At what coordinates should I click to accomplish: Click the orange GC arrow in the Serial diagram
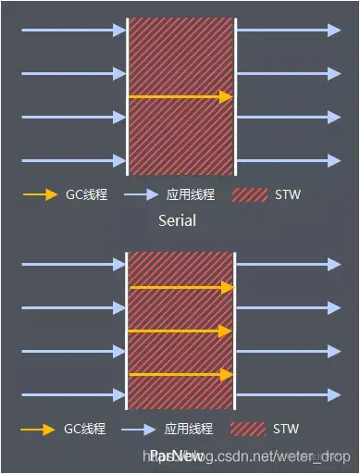coord(180,95)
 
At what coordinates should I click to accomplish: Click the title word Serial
coord(177,221)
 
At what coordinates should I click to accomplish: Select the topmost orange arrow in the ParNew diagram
coord(180,287)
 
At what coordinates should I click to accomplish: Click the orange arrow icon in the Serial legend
coord(39,195)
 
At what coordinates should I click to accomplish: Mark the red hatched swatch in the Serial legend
coord(248,195)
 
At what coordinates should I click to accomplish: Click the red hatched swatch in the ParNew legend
coord(248,430)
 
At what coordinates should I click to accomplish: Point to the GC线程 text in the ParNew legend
coord(84,430)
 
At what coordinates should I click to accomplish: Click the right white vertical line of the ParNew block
coord(236,330)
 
